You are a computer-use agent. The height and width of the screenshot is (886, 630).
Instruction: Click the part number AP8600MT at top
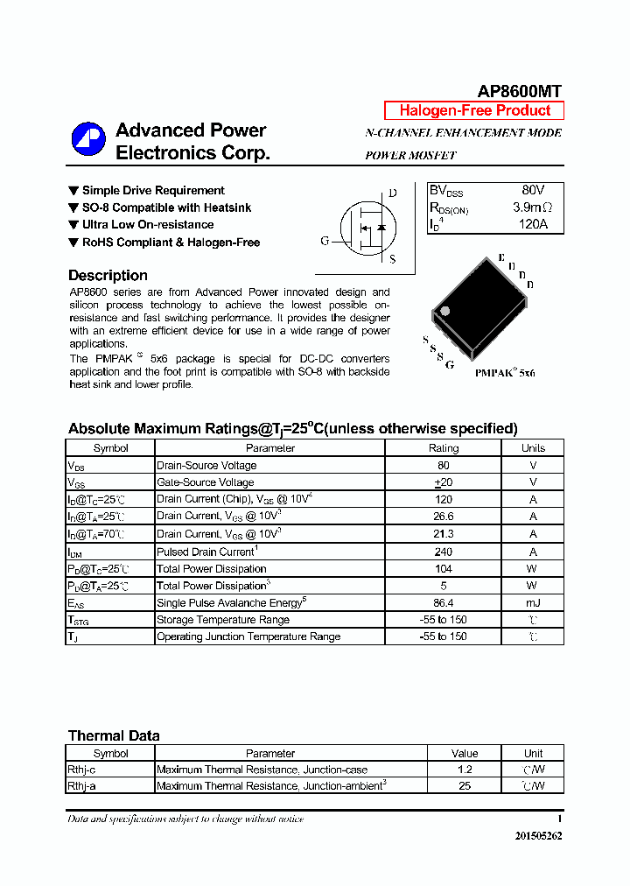point(519,91)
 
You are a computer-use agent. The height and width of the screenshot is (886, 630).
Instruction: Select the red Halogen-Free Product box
point(474,110)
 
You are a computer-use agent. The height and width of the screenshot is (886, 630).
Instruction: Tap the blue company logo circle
point(87,140)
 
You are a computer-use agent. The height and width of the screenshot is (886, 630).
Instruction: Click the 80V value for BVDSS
point(533,190)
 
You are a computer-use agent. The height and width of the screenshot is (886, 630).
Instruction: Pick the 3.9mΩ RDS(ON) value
point(532,207)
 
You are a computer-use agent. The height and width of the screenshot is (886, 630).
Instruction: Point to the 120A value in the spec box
point(532,224)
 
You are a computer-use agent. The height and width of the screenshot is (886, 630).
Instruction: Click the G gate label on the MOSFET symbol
point(325,241)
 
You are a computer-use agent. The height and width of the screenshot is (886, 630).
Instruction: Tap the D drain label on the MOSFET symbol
point(393,193)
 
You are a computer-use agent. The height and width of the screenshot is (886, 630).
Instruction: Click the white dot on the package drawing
point(445,311)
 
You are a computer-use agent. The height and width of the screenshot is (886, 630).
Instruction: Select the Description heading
point(108,275)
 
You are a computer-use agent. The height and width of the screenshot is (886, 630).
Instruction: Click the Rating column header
point(443,447)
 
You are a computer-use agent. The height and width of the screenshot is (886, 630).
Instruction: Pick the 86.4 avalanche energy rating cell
point(443,603)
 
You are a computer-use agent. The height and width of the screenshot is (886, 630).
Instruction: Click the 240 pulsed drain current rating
point(443,552)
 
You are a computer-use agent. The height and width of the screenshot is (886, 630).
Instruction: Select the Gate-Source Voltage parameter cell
point(206,482)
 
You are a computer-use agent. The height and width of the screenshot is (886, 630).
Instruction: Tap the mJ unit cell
point(533,603)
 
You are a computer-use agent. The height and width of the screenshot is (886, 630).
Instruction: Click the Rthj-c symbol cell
point(81,770)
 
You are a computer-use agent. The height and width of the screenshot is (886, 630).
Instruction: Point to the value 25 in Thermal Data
point(465,786)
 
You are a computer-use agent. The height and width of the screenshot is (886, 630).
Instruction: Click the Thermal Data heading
point(114,735)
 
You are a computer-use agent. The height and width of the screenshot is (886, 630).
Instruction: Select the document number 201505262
point(538,836)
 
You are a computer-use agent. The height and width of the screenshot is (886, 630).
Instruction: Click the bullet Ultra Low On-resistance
point(148,225)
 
